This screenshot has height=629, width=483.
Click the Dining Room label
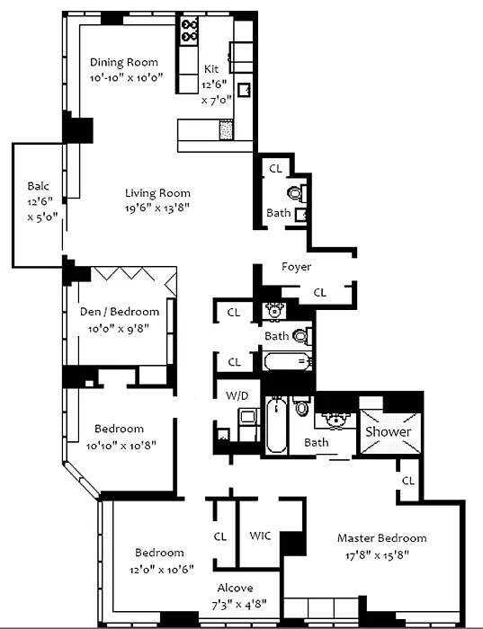(123, 62)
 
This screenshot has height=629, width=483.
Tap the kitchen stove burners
(189, 31)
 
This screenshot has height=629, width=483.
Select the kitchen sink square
(244, 90)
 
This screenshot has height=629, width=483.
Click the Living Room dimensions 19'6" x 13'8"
(157, 208)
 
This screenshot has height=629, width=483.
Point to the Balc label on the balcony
(38, 186)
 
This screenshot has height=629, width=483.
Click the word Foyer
(296, 267)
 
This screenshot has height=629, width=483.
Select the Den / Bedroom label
(120, 312)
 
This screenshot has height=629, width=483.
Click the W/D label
(237, 396)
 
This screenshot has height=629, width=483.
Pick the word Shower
(389, 431)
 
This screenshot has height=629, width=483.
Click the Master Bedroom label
(382, 538)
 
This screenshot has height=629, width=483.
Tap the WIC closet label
(260, 536)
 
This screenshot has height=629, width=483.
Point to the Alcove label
(235, 588)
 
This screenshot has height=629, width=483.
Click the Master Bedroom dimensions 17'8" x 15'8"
(377, 555)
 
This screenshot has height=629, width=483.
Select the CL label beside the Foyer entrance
(319, 293)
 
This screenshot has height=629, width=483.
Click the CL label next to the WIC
(220, 536)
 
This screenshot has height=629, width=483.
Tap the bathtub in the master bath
(277, 424)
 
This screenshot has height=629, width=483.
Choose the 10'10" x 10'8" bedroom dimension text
(121, 446)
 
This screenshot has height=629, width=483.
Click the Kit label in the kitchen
(211, 69)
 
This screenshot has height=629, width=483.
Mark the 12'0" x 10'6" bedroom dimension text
(161, 569)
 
